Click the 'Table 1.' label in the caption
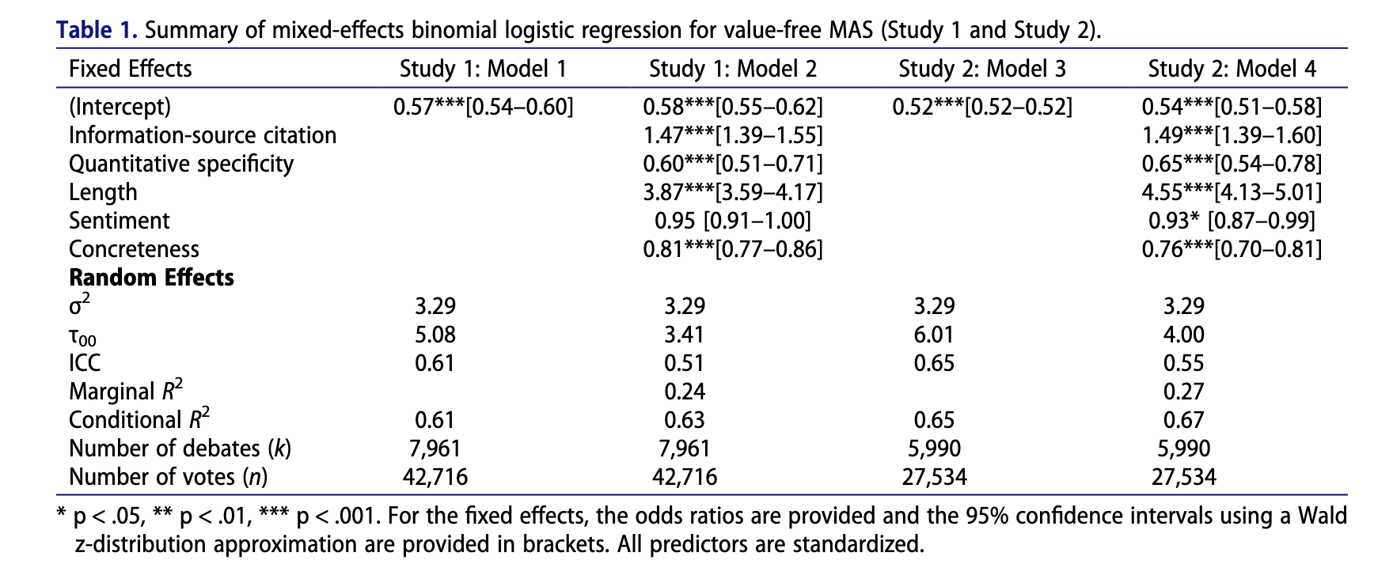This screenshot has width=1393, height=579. pos(97,31)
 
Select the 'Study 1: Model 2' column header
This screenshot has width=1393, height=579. pos(733,69)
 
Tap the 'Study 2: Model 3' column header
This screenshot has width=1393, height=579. pos(982,69)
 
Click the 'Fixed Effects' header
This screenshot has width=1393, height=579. pos(131,69)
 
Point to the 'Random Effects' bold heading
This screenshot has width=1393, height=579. pos(151,278)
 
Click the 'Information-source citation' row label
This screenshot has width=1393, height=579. pos(203,135)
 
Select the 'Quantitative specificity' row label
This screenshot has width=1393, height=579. pos(181,164)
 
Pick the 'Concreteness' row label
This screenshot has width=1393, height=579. pos(134,249)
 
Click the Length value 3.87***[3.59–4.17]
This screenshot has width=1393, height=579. pos(733,192)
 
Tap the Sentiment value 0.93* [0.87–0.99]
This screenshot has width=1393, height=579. pos(1232,221)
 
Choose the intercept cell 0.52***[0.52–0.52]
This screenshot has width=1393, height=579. pos(982,107)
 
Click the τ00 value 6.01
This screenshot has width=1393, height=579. pos(934,335)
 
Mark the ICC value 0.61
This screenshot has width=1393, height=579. pos(435,363)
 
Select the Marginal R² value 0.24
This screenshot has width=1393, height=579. pos(685,392)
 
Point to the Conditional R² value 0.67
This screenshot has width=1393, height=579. pos(1184,420)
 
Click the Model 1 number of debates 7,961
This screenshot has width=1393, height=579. pos(435,448)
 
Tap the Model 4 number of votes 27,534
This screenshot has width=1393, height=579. pos(1184,477)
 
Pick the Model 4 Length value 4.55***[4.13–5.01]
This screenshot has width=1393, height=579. pos(1232,192)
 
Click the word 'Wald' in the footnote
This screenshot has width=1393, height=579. pos(1323,517)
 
